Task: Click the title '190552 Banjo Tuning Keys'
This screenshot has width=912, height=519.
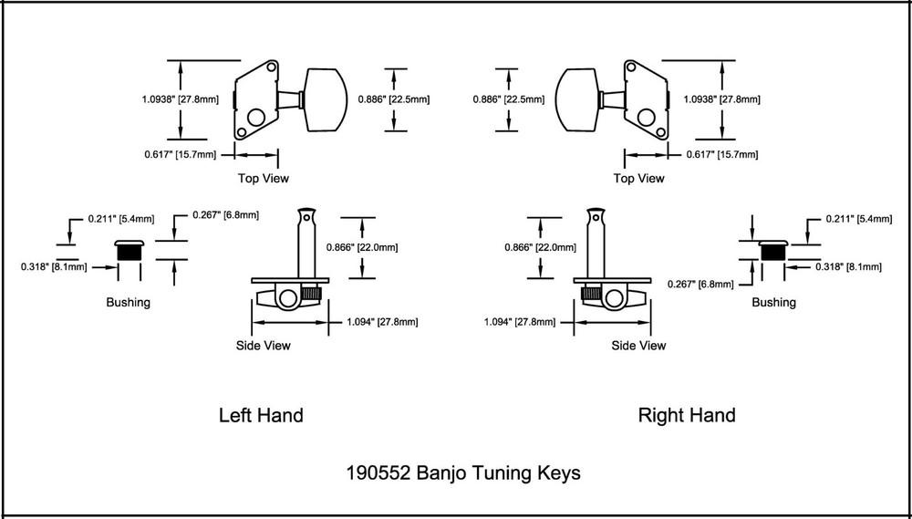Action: tap(462, 473)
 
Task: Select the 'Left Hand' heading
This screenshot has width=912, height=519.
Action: tap(261, 416)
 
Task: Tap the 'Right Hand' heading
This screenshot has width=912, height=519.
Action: tap(687, 416)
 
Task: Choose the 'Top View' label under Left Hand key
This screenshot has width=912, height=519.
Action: tap(264, 179)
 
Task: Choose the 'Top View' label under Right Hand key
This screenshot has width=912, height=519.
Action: tap(638, 179)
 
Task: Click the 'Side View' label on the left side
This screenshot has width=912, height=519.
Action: tap(264, 346)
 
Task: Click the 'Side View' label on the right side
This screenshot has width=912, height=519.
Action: tap(638, 346)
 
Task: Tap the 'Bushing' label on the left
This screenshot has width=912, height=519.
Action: tap(129, 302)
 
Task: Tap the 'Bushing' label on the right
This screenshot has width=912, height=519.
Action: tap(774, 302)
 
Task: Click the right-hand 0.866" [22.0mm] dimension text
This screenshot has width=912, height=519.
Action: tap(541, 247)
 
